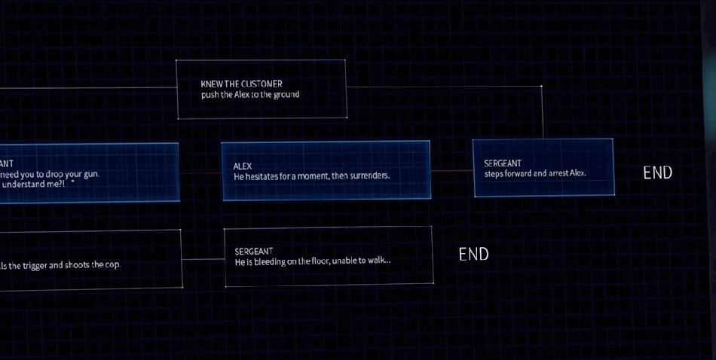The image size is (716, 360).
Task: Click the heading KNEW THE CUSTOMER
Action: (241, 84)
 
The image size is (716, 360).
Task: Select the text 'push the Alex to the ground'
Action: (249, 95)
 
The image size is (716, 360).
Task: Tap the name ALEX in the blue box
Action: (242, 166)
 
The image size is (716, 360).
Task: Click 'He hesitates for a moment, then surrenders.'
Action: (311, 176)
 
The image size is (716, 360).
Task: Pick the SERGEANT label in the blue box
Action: (502, 163)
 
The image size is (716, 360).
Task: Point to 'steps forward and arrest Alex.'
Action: (534, 173)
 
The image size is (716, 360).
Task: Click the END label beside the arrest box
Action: (657, 172)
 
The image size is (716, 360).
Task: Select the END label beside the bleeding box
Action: (473, 255)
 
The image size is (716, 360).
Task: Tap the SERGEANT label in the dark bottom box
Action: (253, 251)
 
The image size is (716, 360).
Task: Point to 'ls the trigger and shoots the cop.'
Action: (60, 265)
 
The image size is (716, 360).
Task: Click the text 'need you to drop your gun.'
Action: (50, 174)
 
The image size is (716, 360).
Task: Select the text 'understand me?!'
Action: (34, 184)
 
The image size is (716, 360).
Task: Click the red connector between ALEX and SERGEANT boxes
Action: (451, 170)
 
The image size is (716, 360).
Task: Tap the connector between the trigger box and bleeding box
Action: (203, 260)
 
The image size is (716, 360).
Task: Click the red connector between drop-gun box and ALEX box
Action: (200, 171)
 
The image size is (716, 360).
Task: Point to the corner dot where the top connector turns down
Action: (541, 87)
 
